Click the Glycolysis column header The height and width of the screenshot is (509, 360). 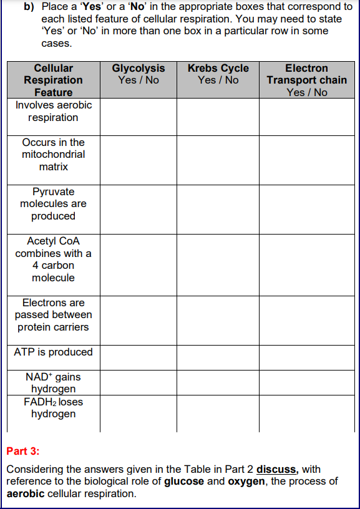(x=138, y=74)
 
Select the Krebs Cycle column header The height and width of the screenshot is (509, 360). (x=218, y=74)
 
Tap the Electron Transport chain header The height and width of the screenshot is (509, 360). (x=306, y=80)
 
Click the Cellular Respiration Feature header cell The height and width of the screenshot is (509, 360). (x=53, y=80)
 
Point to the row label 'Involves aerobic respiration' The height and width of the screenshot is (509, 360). (x=53, y=111)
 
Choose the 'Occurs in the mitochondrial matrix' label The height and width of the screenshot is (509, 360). (x=53, y=154)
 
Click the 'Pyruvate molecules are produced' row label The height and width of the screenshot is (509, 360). (x=53, y=204)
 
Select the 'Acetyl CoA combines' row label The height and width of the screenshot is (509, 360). (x=53, y=259)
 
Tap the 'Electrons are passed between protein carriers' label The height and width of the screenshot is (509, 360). (x=53, y=314)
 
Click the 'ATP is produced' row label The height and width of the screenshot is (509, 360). (x=53, y=352)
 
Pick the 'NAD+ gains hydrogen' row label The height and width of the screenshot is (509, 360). (x=53, y=382)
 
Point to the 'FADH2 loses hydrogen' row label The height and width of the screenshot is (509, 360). (x=53, y=407)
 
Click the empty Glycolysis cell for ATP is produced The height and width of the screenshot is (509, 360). (x=138, y=356)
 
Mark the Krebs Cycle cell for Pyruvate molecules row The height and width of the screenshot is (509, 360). (x=218, y=209)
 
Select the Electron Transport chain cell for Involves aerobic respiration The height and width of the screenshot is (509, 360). (x=306, y=117)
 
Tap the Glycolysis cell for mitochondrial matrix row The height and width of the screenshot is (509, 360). (x=138, y=160)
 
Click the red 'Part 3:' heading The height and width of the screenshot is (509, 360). (x=22, y=450)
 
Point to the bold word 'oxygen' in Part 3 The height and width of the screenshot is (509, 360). (x=246, y=482)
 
